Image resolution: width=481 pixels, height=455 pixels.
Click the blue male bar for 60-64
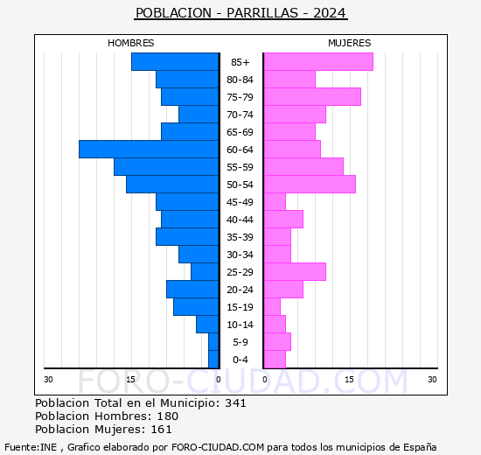click(x=149, y=150)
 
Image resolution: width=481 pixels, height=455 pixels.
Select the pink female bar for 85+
click(x=317, y=62)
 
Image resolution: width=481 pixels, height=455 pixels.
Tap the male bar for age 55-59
click(x=166, y=167)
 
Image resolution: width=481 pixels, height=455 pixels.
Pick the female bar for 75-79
click(x=311, y=97)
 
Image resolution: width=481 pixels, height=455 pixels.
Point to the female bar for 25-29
click(x=294, y=272)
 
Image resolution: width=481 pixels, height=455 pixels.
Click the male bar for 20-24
click(x=192, y=290)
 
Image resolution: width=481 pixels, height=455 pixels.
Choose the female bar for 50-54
click(x=309, y=185)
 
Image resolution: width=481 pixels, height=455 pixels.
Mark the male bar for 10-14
click(x=207, y=325)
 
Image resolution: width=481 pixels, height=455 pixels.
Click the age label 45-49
click(x=240, y=202)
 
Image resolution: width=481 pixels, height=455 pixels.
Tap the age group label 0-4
click(x=240, y=360)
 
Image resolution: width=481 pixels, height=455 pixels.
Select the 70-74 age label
click(x=240, y=115)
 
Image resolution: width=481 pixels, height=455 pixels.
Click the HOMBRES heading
click(x=131, y=43)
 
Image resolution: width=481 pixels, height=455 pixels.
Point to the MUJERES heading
click(x=349, y=43)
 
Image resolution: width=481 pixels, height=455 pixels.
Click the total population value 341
click(x=235, y=403)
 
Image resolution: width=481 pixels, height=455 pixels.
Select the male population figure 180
click(x=167, y=416)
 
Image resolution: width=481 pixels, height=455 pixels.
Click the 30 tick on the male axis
click(x=48, y=379)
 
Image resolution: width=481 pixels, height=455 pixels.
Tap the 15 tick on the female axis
click(x=348, y=379)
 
